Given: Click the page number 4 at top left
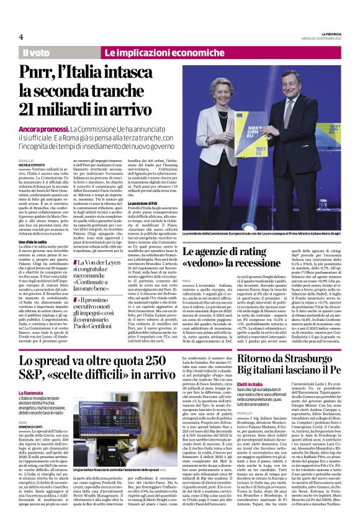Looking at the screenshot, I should (x=21, y=36).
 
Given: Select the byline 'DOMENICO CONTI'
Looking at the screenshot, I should (x=31, y=427).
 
